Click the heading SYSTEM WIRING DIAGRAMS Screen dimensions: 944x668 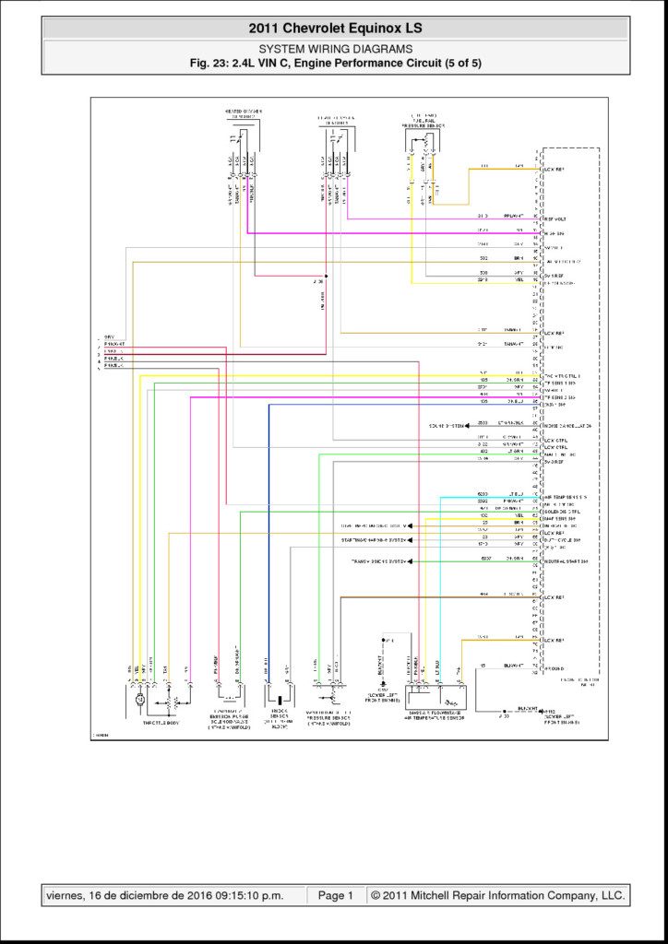335,49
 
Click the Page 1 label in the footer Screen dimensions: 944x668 336,895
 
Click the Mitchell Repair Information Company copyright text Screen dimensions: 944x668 497,895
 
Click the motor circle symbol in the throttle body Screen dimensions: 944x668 139,701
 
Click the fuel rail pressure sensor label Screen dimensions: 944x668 423,121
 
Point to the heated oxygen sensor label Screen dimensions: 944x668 244,114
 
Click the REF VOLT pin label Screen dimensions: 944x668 555,218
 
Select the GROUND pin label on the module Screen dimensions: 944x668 556,665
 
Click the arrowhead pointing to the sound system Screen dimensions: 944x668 469,426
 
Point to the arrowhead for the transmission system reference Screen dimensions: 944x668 410,560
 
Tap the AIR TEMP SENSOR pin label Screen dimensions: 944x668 566,496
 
